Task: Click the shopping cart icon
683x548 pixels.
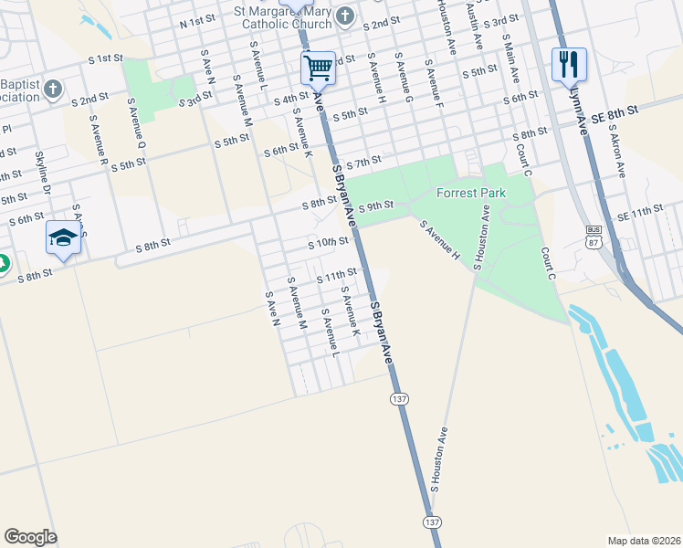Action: (318, 67)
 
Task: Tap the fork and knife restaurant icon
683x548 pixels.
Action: (568, 63)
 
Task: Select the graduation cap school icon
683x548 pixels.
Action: (62, 237)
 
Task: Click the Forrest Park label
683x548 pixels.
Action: (470, 193)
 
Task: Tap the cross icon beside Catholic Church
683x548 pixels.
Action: (346, 15)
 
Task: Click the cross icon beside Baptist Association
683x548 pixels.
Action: (53, 90)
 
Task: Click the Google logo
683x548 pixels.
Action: (30, 537)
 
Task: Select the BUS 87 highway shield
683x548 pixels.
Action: (594, 235)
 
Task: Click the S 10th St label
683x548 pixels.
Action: (328, 242)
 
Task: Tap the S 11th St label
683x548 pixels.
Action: (335, 275)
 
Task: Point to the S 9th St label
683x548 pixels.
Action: (375, 207)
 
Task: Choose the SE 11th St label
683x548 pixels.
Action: (639, 211)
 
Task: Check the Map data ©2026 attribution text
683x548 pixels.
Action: (644, 540)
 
